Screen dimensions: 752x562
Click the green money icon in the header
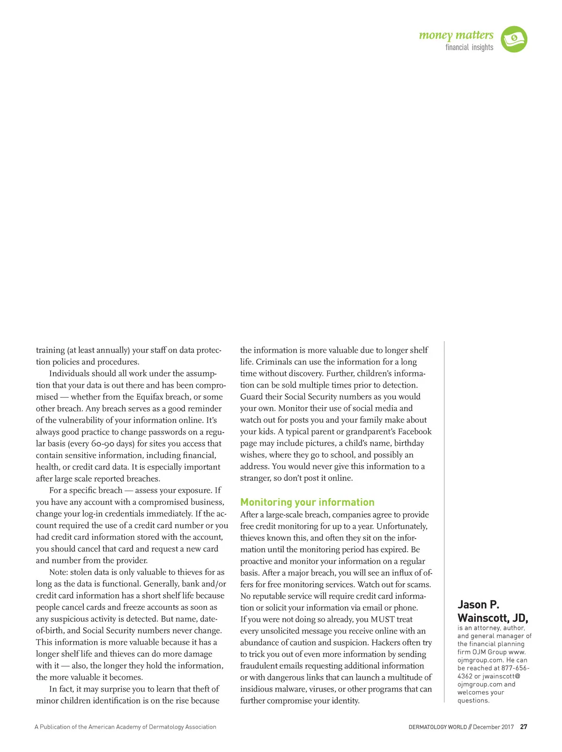514,39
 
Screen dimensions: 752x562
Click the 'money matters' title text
456,35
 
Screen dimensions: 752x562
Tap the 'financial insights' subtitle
469,47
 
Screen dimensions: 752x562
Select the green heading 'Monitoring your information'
307,502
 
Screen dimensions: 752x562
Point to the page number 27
524,727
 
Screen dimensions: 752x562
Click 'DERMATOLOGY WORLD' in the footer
437,727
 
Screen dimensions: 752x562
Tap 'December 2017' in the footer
493,727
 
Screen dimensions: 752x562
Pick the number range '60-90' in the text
104,443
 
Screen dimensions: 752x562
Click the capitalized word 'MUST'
383,619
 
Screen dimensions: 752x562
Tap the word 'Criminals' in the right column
274,361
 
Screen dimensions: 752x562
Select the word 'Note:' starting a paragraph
59,572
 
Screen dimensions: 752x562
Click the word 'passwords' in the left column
170,432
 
